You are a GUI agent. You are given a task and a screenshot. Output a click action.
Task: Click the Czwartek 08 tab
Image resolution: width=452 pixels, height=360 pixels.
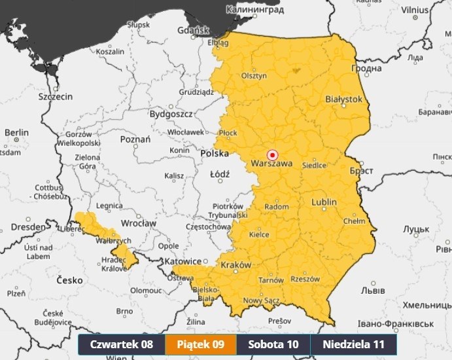122,344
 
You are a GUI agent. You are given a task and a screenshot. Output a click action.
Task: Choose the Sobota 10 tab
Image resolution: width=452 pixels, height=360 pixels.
273,344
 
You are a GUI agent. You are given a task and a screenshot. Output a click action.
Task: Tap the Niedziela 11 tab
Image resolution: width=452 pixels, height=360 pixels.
353,344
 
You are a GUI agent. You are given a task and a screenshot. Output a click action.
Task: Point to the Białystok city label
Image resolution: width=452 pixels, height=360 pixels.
343,99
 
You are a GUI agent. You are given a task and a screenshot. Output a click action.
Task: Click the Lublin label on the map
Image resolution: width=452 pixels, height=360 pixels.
324,202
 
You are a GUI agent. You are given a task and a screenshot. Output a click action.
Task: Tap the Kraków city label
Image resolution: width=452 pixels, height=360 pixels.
236,265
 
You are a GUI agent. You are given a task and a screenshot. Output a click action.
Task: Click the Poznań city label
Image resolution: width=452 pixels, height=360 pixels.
135,139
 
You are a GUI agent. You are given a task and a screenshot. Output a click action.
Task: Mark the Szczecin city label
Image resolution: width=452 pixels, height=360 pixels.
55,96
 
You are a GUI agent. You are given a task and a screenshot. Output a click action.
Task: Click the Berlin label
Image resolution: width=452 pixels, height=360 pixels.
16,132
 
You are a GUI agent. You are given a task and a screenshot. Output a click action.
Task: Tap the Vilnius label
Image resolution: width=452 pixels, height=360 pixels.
415,10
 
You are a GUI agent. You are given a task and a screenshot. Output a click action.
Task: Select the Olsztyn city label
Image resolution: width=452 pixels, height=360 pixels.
254,76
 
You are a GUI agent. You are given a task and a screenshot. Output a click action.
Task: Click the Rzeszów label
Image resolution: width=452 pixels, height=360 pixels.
306,279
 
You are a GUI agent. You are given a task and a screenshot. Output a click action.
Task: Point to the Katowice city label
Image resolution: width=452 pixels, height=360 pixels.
183,261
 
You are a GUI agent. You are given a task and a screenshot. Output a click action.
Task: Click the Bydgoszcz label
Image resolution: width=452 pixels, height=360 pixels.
171,114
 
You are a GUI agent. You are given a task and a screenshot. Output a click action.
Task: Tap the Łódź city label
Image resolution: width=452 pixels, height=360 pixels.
219,175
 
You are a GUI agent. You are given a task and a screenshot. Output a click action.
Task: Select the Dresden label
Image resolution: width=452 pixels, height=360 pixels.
23,227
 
